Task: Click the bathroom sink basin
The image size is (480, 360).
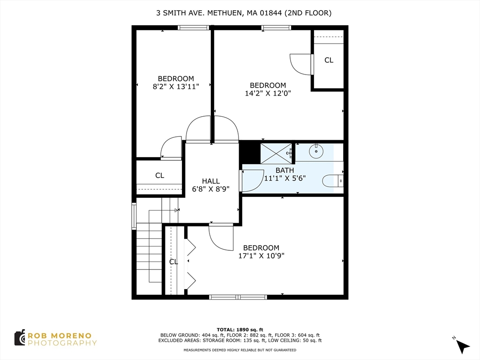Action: (x=317, y=151)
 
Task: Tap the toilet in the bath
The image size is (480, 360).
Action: (x=334, y=180)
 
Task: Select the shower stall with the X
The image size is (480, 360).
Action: (x=276, y=153)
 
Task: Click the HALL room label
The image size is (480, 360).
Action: (x=211, y=181)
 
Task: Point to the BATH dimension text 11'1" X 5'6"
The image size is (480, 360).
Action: (x=285, y=178)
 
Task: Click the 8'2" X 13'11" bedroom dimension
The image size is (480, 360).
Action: (x=176, y=86)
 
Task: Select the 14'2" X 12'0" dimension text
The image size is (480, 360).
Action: (x=268, y=93)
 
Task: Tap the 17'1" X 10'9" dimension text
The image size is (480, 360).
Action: (x=261, y=255)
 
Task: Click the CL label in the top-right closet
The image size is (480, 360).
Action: (x=329, y=60)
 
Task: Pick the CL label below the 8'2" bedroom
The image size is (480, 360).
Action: (x=160, y=175)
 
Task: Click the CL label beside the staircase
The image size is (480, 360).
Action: (x=173, y=262)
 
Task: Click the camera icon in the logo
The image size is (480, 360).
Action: (x=20, y=337)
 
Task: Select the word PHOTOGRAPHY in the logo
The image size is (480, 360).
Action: (x=62, y=343)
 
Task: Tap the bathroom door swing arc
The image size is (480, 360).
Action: (x=253, y=180)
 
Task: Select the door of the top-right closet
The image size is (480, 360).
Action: (x=300, y=64)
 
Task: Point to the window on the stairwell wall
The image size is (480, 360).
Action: (x=134, y=216)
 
